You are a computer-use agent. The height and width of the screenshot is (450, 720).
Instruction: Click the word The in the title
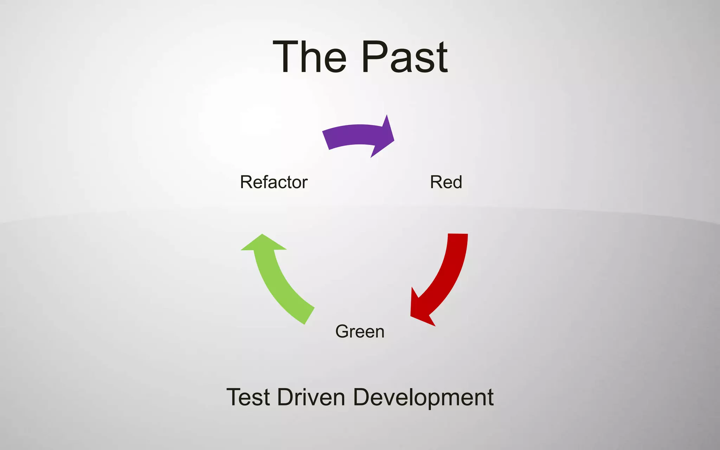point(309,57)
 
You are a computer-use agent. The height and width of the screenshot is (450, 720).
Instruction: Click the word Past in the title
point(404,57)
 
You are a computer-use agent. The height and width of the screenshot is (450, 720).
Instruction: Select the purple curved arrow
point(355,135)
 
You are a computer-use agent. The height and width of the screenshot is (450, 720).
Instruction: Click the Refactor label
point(274,182)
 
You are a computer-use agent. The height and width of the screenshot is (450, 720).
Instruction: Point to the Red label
point(446,182)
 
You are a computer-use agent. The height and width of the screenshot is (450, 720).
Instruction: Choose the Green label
point(360,332)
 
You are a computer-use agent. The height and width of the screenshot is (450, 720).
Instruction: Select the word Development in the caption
point(423,397)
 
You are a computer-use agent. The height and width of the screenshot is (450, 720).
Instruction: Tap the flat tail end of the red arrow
point(458,235)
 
